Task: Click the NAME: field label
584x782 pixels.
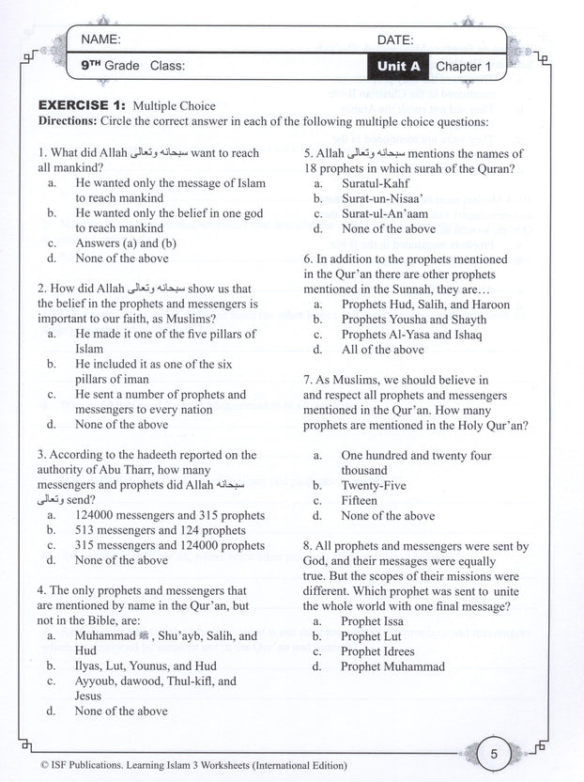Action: (101, 39)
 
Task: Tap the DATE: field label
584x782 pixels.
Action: (395, 40)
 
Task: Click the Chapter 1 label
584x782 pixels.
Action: (463, 67)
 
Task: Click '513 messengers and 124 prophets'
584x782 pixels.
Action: (160, 530)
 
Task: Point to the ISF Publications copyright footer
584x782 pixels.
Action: (178, 766)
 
